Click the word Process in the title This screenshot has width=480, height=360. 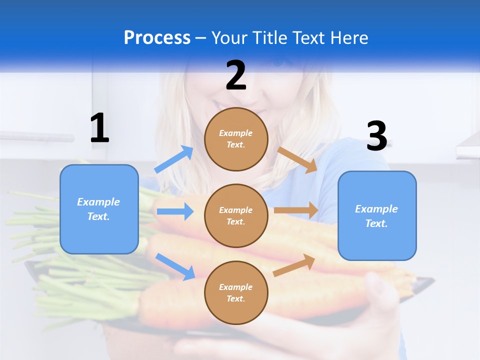tap(157, 37)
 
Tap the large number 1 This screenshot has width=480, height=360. tap(99, 128)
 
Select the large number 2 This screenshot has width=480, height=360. tap(236, 75)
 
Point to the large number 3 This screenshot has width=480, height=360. tap(377, 136)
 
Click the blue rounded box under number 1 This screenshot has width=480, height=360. tap(99, 209)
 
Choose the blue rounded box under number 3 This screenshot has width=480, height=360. tap(377, 215)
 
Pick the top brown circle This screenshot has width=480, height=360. tap(236, 139)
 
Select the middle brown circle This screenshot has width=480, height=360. tap(236, 215)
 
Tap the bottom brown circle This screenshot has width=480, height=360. tap(236, 292)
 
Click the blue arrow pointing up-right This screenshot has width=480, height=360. tap(174, 159)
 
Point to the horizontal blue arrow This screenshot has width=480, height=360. tap(175, 211)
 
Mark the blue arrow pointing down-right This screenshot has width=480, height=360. tap(175, 266)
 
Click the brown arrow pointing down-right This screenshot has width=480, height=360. tap(297, 159)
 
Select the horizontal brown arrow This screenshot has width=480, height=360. tap(296, 210)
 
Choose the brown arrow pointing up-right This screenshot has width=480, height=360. tap(294, 265)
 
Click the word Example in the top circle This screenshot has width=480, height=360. tap(236, 133)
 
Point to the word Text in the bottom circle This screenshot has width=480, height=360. tap(235, 298)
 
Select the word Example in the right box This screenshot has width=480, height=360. tap(376, 209)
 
